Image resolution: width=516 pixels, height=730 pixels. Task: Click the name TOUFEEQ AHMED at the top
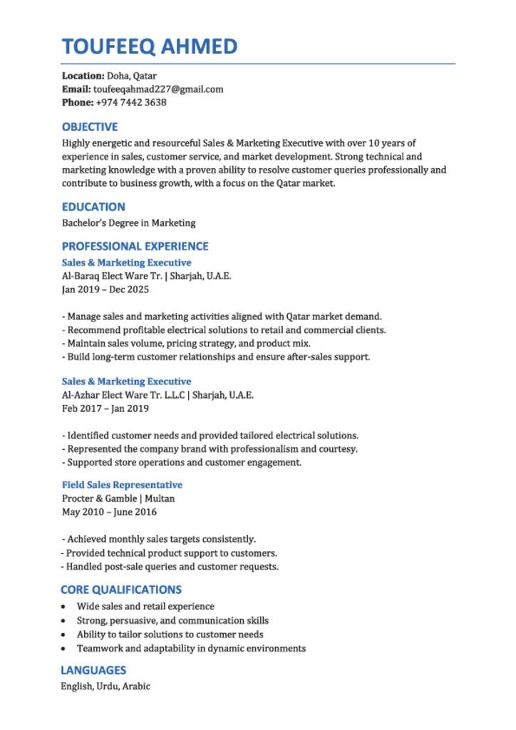pos(150,47)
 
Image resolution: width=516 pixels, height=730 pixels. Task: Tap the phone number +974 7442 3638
pos(131,103)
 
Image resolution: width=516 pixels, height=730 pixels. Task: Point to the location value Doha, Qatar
pos(132,76)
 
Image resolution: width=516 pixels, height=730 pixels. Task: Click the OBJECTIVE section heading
pos(90,127)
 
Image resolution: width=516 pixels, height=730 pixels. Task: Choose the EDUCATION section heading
pos(93,207)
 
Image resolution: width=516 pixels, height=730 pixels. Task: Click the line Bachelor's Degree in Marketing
pos(128,223)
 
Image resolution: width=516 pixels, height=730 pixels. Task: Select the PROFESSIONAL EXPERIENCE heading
pos(135,246)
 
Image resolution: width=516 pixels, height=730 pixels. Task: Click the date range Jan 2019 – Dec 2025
pos(105,289)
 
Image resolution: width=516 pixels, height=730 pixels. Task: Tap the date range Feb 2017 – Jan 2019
pos(105,408)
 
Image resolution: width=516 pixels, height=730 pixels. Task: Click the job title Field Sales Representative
pos(122,485)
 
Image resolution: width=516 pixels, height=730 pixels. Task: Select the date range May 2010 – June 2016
pos(110,512)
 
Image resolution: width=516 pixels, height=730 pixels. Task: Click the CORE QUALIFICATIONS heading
pos(121,590)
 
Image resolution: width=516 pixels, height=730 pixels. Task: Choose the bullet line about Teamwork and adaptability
pos(191,648)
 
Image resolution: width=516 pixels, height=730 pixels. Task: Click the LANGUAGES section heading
pos(93,670)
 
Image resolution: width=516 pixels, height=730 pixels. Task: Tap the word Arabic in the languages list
pos(136,686)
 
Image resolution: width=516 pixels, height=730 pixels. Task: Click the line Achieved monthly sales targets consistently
pos(161,539)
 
